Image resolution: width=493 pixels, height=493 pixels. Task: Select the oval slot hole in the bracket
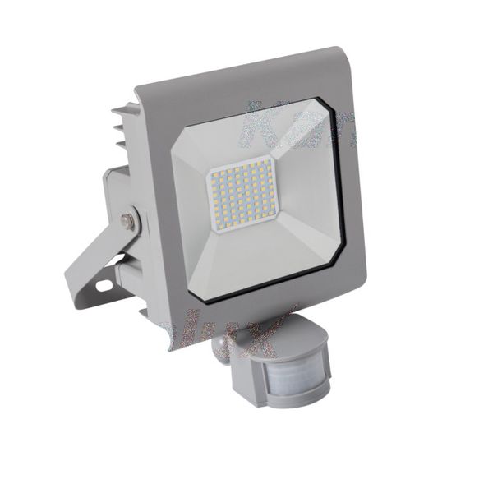click(x=104, y=284)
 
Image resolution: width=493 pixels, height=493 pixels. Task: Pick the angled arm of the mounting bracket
click(x=90, y=263)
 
